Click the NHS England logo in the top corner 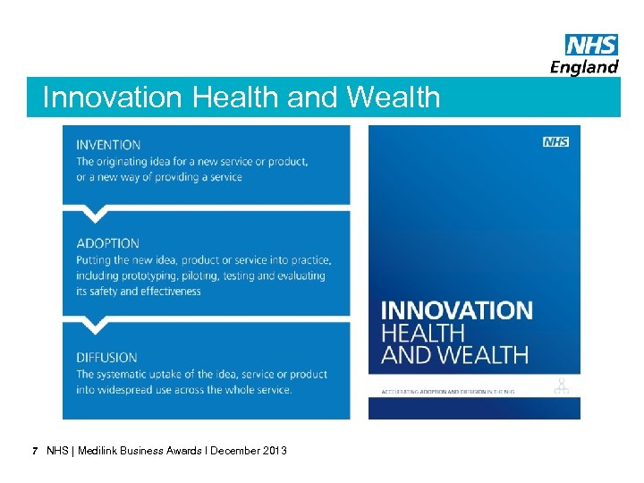584,55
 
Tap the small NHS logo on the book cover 555,142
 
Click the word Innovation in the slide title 101,97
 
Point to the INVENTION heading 108,145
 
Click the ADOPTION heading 107,243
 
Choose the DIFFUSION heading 106,358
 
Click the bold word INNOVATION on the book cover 456,311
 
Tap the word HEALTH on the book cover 424,332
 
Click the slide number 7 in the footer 34,451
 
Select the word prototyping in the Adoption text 152,275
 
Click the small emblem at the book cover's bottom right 562,386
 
